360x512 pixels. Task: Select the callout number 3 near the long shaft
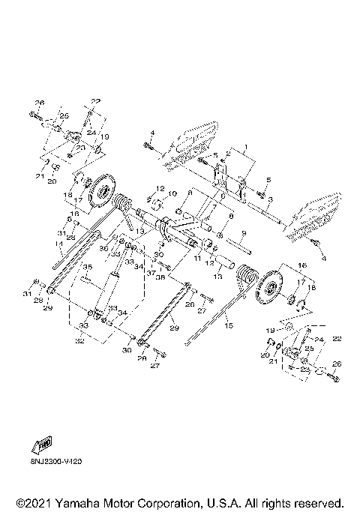(270, 198)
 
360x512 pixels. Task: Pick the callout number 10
(172, 193)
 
